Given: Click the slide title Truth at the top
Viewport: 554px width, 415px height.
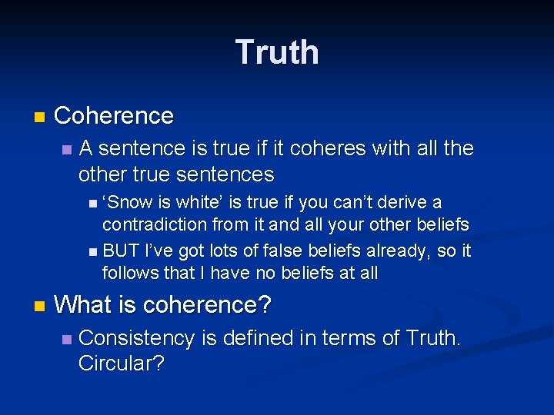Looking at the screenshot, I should pos(277,52).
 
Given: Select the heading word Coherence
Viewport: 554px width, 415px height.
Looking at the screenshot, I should pos(114,116).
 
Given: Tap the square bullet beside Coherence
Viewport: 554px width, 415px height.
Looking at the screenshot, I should pos(39,118).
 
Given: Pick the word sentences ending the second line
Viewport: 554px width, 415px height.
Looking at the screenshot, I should pos(225,174).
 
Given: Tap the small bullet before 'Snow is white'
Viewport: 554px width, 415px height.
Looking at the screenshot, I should pos(92,204).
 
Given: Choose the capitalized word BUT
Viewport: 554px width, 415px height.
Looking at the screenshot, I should pos(118,251).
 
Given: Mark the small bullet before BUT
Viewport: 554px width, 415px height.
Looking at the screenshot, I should pos(92,252).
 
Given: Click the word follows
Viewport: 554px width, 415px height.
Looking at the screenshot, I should pos(128,272).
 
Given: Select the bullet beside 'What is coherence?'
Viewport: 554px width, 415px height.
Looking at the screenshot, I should pos(39,307).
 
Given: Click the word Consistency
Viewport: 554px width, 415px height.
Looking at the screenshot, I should pos(137,338).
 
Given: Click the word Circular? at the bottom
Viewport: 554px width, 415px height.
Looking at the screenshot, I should pos(122,364).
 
